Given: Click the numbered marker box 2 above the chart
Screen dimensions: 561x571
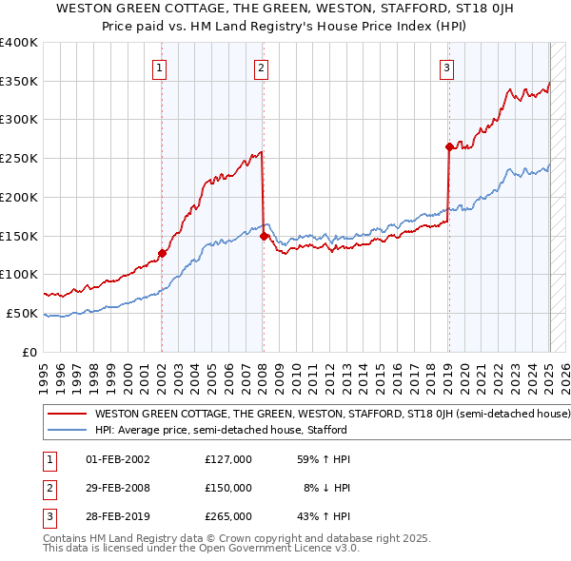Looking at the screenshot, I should [x=261, y=68].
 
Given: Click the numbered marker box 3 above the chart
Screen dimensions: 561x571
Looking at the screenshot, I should [x=446, y=68].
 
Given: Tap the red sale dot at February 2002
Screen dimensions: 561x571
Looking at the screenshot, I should [x=162, y=253].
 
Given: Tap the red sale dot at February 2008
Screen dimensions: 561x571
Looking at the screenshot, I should [x=264, y=236].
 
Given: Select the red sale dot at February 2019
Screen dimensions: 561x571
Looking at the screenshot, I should [x=448, y=146].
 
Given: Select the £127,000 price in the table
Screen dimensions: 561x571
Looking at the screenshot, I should [x=228, y=459].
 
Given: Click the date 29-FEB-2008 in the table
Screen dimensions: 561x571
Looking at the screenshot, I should [x=118, y=488].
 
